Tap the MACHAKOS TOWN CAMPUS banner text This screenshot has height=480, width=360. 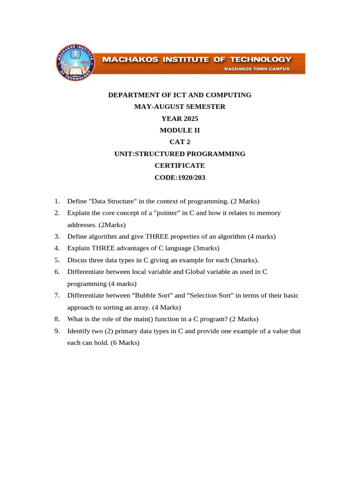pos(257,69)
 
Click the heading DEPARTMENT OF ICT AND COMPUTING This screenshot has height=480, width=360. pos(180,95)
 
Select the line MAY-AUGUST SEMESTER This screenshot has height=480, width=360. pos(180,107)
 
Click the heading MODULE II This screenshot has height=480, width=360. pos(180,130)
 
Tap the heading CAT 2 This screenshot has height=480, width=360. pos(180,142)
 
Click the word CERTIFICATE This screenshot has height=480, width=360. pos(180,165)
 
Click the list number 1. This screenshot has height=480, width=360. pos(57,202)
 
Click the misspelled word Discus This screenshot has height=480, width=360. pos(77,260)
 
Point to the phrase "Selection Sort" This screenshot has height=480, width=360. pos(204,296)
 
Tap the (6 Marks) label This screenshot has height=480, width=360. pos(125,343)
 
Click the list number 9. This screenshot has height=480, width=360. pos(57,331)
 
